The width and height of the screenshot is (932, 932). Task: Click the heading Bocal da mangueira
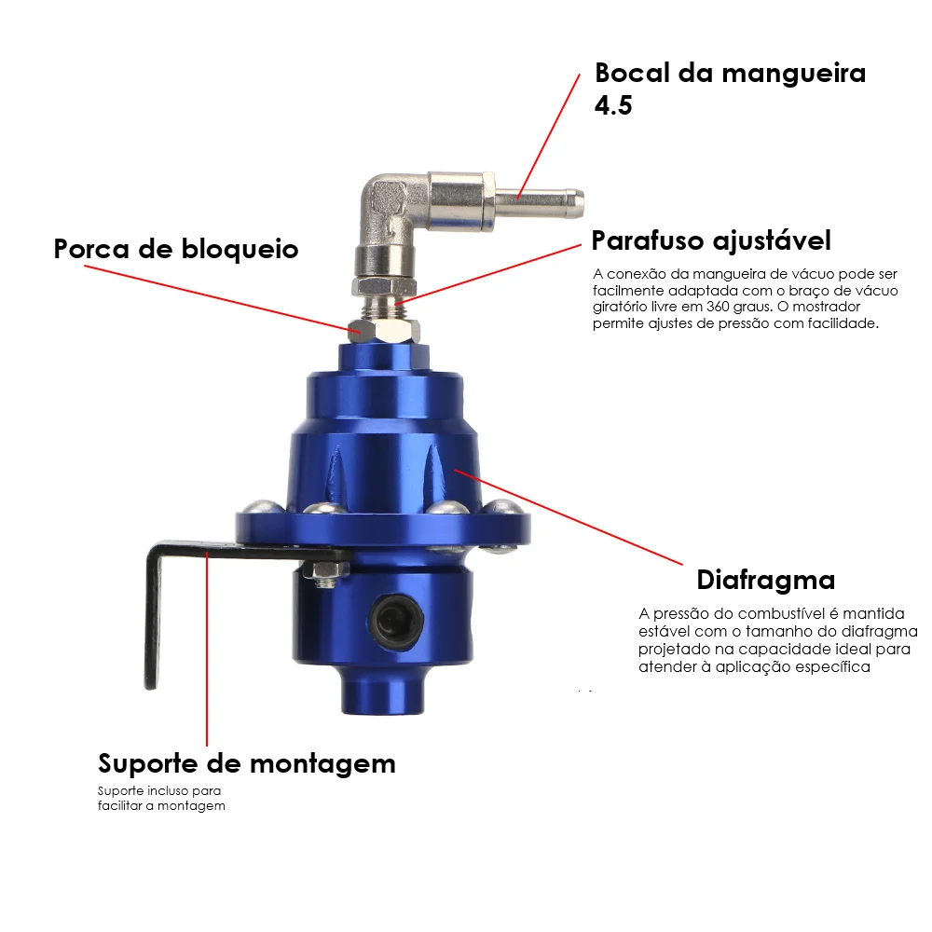pyautogui.click(x=730, y=73)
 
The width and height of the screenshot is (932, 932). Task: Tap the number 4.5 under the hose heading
pyautogui.click(x=613, y=105)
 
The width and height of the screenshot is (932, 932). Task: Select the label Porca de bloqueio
pyautogui.click(x=176, y=249)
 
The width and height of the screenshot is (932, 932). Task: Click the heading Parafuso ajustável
pyautogui.click(x=711, y=240)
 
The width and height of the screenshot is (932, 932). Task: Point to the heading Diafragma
pyautogui.click(x=765, y=580)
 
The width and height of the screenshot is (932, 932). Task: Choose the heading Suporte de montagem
pyautogui.click(x=247, y=764)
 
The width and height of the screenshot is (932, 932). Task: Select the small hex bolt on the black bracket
pyautogui.click(x=324, y=572)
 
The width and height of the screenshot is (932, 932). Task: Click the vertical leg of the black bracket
pyautogui.click(x=154, y=618)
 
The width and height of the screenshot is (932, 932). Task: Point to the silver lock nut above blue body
pyautogui.click(x=384, y=331)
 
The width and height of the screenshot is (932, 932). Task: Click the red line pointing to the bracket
pyautogui.click(x=207, y=649)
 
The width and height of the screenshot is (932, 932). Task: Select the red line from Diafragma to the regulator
pyautogui.click(x=569, y=516)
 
